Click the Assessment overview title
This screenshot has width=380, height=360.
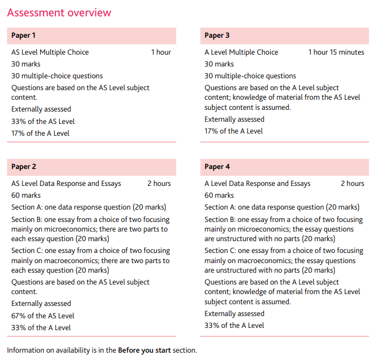[x=59, y=12]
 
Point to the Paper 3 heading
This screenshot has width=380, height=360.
[x=217, y=35]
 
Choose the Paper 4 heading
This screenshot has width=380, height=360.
[x=217, y=167]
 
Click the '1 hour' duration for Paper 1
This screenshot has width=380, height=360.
[x=161, y=52]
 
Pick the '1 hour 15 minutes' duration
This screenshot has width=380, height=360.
[x=336, y=52]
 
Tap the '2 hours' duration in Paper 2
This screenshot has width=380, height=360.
[x=159, y=184]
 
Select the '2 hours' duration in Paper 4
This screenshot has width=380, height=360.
[x=352, y=184]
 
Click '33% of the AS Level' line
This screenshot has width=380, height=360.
[x=43, y=121]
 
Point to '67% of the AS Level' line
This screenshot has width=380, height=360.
[x=43, y=316]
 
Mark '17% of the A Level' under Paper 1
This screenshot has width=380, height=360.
[x=41, y=134]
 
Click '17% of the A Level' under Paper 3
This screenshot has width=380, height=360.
[x=233, y=131]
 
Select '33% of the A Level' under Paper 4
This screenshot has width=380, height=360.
[x=234, y=325]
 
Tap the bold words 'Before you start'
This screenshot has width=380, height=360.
[x=144, y=350]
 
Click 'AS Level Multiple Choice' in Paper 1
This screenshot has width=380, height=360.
[x=50, y=52]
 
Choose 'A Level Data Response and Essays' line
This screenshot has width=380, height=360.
[x=257, y=184]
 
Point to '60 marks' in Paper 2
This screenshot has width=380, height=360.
[x=26, y=195]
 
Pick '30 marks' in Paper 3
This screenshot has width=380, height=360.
[x=219, y=64]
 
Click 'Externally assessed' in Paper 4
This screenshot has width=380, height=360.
[x=234, y=314]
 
